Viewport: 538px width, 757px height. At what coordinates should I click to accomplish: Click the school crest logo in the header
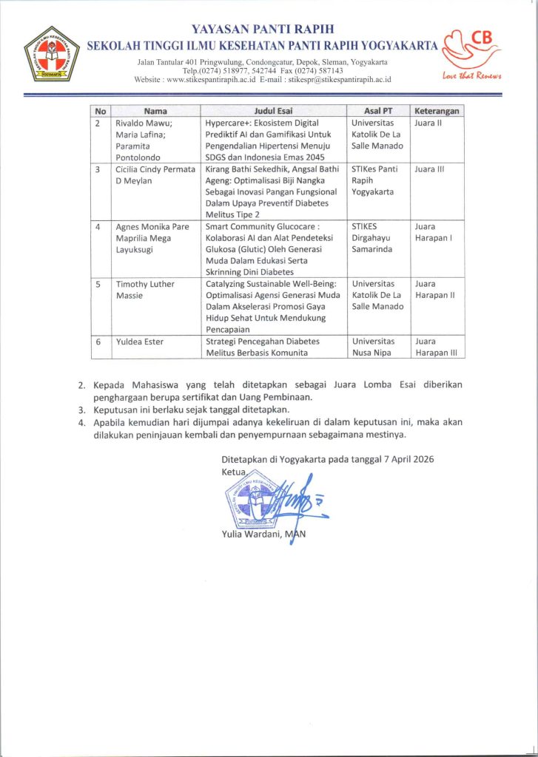click(50, 53)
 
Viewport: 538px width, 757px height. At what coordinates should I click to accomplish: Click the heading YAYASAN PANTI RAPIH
click(263, 30)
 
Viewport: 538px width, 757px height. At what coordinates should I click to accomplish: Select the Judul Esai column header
click(275, 111)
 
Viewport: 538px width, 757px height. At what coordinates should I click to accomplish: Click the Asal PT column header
click(377, 111)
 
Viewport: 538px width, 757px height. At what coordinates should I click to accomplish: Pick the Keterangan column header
click(437, 111)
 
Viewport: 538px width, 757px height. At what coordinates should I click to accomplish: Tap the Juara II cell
click(428, 123)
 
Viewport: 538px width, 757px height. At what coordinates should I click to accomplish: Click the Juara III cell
click(429, 169)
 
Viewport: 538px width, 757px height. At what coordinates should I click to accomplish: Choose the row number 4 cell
click(99, 227)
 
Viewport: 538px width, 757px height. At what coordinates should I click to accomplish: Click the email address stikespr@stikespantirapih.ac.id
click(340, 79)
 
